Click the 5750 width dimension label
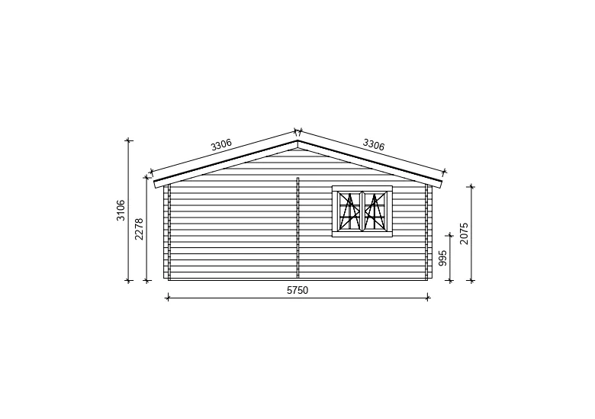coord(297,290)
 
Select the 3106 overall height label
coord(121,210)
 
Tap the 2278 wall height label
coord(140,229)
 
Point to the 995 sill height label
coord(443,258)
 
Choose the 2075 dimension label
coord(464,234)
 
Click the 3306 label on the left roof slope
coord(221,144)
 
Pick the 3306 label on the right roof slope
coord(374,144)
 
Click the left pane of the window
coord(349,211)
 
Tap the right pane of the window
coord(375,211)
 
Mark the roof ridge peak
coord(297,140)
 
